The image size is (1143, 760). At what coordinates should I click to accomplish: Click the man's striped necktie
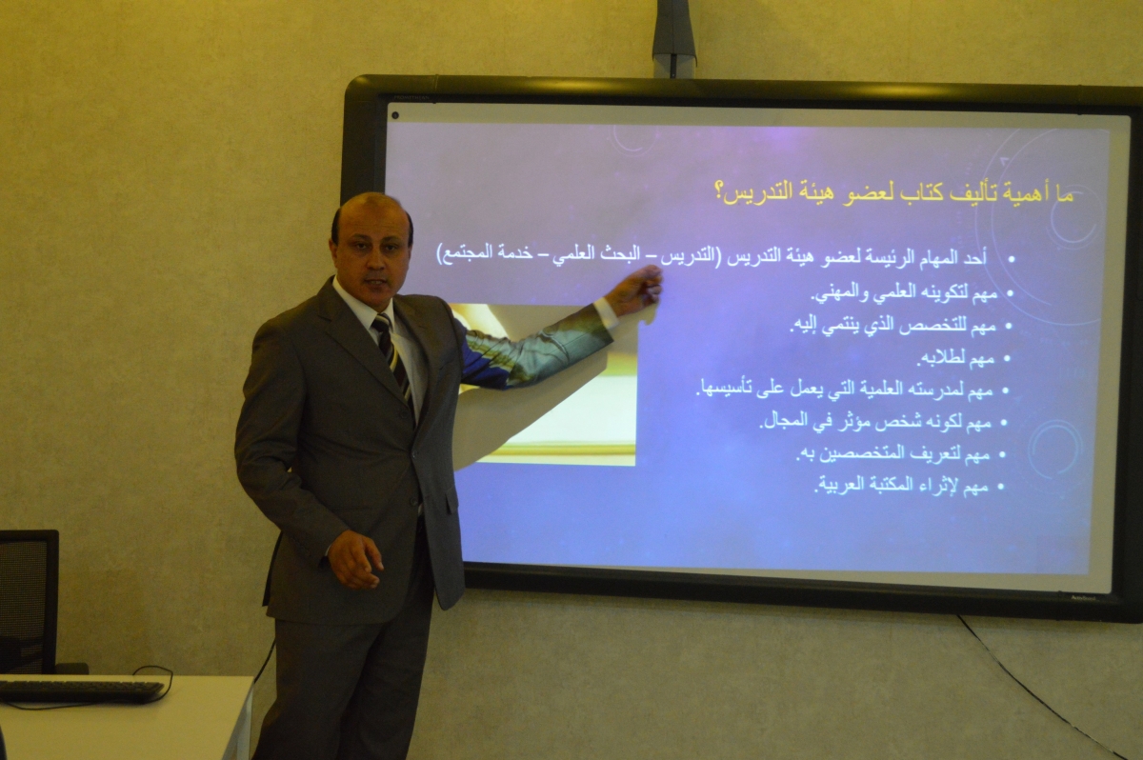(x=392, y=357)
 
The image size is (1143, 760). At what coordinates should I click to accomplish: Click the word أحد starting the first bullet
(x=975, y=257)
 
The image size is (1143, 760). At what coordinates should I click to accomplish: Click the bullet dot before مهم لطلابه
(x=1007, y=359)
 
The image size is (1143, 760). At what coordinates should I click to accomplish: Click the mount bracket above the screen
(x=674, y=38)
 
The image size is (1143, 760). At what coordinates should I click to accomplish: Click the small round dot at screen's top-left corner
(x=395, y=116)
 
